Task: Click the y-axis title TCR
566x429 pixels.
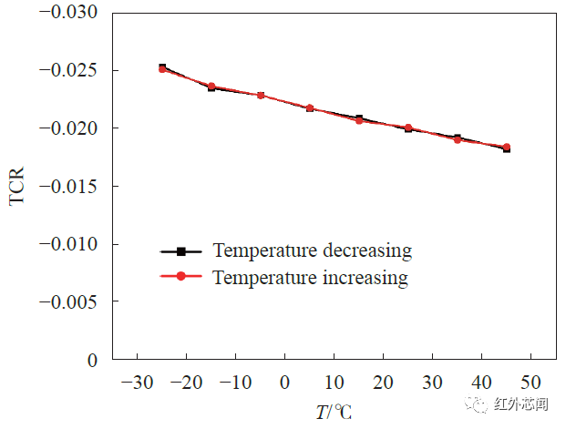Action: click(17, 186)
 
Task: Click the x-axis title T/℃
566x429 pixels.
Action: click(334, 412)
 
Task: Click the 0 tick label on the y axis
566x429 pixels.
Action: click(92, 360)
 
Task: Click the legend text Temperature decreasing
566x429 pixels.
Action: click(312, 250)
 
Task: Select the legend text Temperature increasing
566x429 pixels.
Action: click(310, 277)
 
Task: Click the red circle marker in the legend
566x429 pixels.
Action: click(180, 277)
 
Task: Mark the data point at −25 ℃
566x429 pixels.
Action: click(162, 68)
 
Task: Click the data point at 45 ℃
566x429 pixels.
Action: click(506, 148)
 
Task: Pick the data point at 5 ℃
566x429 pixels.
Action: click(310, 107)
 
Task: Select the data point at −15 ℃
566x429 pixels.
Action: click(211, 87)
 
